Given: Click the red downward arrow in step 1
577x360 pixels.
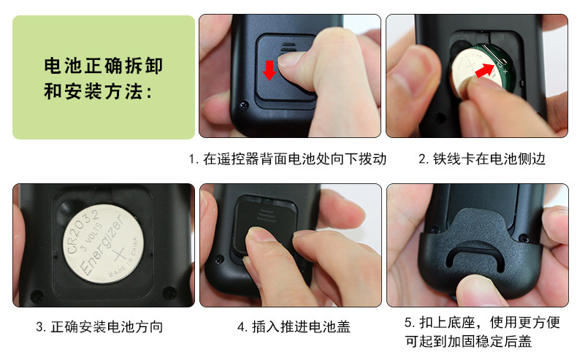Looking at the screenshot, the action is (270, 70).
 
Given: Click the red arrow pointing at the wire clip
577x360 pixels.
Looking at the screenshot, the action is (485, 70).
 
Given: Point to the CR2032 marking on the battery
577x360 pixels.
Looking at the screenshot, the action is (81, 231).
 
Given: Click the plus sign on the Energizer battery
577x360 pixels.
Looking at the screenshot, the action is (119, 254).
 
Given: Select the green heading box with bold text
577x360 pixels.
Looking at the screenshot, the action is (104, 77).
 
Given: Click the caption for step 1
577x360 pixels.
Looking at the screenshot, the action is (287, 159).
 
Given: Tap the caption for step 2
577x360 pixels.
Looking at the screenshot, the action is (482, 159).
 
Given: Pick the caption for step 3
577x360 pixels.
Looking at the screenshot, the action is (99, 326).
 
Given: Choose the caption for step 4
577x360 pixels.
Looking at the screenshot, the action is (294, 326).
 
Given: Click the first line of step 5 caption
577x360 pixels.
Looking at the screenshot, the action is (482, 323).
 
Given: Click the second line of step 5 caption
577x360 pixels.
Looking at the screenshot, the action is (468, 341).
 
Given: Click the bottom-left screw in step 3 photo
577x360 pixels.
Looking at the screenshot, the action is (37, 295).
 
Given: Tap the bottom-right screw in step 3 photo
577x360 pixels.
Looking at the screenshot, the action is (169, 292).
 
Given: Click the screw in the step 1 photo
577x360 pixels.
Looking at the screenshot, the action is (244, 105).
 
